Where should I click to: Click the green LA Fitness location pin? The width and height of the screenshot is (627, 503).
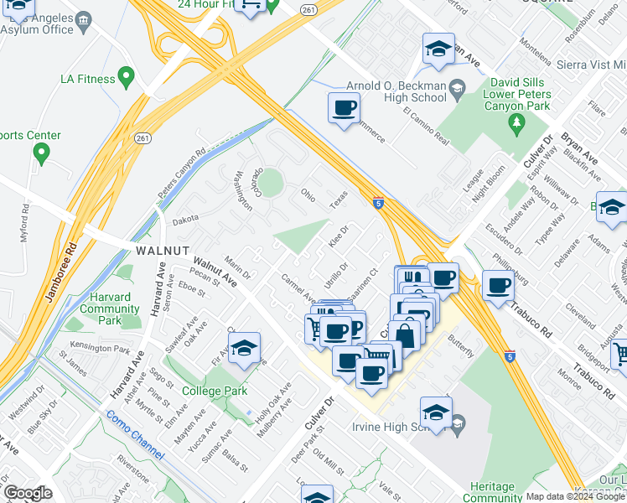tap(127, 79)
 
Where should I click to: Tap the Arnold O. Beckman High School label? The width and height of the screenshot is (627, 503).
tap(396, 91)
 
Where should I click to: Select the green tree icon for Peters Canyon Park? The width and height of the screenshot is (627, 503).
tap(516, 124)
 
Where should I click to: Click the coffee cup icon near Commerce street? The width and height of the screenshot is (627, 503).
tap(345, 108)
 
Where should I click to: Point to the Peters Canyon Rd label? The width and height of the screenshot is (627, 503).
tap(182, 176)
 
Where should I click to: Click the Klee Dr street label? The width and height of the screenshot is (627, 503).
tap(338, 236)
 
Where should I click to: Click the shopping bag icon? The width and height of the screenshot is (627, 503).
tap(405, 334)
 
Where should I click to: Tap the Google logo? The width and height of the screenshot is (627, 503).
tap(28, 493)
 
